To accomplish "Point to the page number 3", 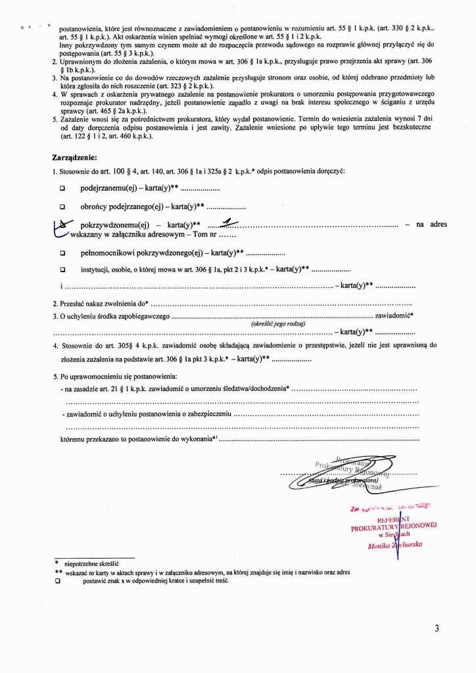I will (437, 628).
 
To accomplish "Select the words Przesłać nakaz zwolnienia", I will (103, 304).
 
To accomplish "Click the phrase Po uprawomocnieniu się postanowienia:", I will (115, 376).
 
